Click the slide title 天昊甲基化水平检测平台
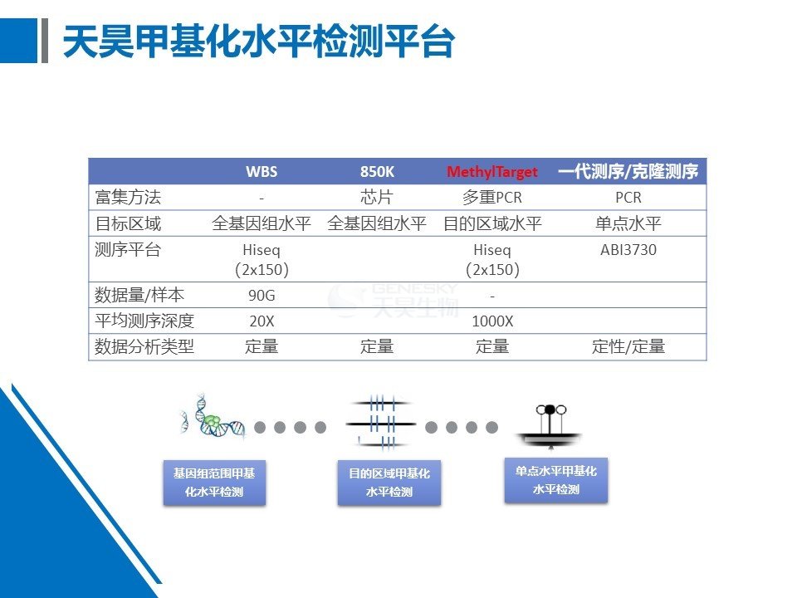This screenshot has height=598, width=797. pos(259,41)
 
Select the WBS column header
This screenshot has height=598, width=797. pos(262,171)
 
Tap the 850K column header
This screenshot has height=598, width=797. pos(377,171)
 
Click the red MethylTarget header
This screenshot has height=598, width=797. pos(491,171)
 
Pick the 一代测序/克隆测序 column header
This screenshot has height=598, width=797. pos(628,171)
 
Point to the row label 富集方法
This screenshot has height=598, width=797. pos(128,197)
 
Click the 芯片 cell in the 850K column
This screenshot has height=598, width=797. pos(377,197)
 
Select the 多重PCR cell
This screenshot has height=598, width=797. pos(492,197)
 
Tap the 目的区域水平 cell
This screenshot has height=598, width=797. pos(492,223)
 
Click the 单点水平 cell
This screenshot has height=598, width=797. pos(628,223)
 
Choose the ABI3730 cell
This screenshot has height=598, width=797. pos(628,250)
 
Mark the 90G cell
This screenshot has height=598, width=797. pos(262,295)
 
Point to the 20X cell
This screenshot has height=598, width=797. pos(262,321)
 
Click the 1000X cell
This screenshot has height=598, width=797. pos(492,321)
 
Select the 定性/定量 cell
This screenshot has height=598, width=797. pos(628,346)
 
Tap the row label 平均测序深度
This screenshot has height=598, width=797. pos(144,321)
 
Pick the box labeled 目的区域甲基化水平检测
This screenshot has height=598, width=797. pos(389,483)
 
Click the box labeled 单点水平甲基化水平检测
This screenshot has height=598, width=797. pos(555,480)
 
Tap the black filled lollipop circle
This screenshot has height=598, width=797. pos(550,409)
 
